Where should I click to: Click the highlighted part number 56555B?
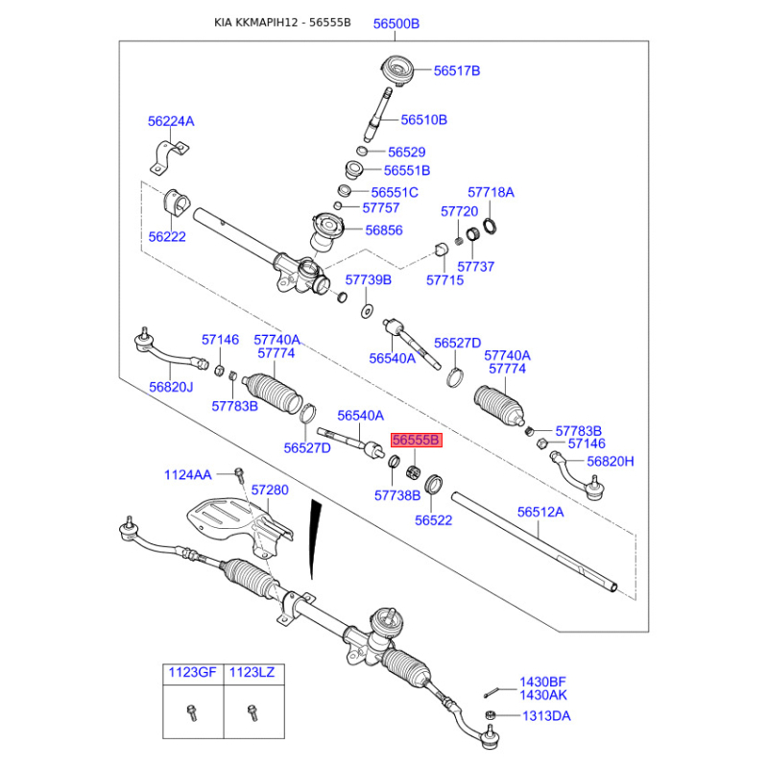coord(414,440)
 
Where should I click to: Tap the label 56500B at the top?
coord(396,24)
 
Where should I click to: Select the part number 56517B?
coord(456,71)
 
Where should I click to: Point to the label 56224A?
coord(171,121)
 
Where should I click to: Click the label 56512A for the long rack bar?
coord(540,513)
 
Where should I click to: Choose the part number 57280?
coord(270,490)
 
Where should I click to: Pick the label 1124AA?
coord(187,474)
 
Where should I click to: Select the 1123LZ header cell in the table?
coord(252,673)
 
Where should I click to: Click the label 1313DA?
coord(545,716)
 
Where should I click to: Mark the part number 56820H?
coord(611,462)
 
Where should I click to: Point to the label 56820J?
coord(171,387)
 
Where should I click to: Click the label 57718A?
coord(491,192)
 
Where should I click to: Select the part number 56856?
coord(384,230)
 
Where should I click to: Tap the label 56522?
coord(434,520)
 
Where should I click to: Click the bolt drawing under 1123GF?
coord(190,713)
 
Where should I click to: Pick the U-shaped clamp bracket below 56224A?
coord(170,156)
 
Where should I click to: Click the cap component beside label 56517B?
coord(396,70)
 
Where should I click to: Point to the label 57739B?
coord(369,279)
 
